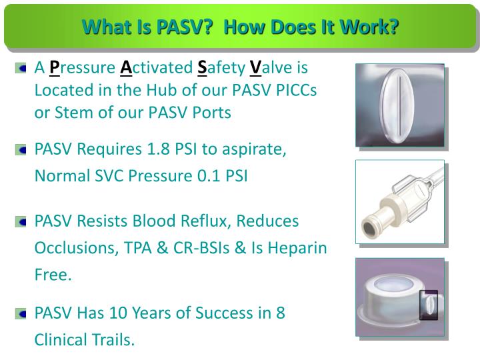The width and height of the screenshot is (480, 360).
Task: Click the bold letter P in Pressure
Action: pyautogui.click(x=55, y=67)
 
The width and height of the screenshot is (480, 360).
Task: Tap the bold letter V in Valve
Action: pyautogui.click(x=255, y=67)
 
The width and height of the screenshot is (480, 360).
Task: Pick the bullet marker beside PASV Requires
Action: pyautogui.click(x=23, y=150)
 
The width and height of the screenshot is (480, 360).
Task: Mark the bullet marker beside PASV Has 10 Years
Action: pyautogui.click(x=23, y=313)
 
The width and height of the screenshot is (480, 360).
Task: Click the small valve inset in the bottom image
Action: pyautogui.click(x=427, y=306)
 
